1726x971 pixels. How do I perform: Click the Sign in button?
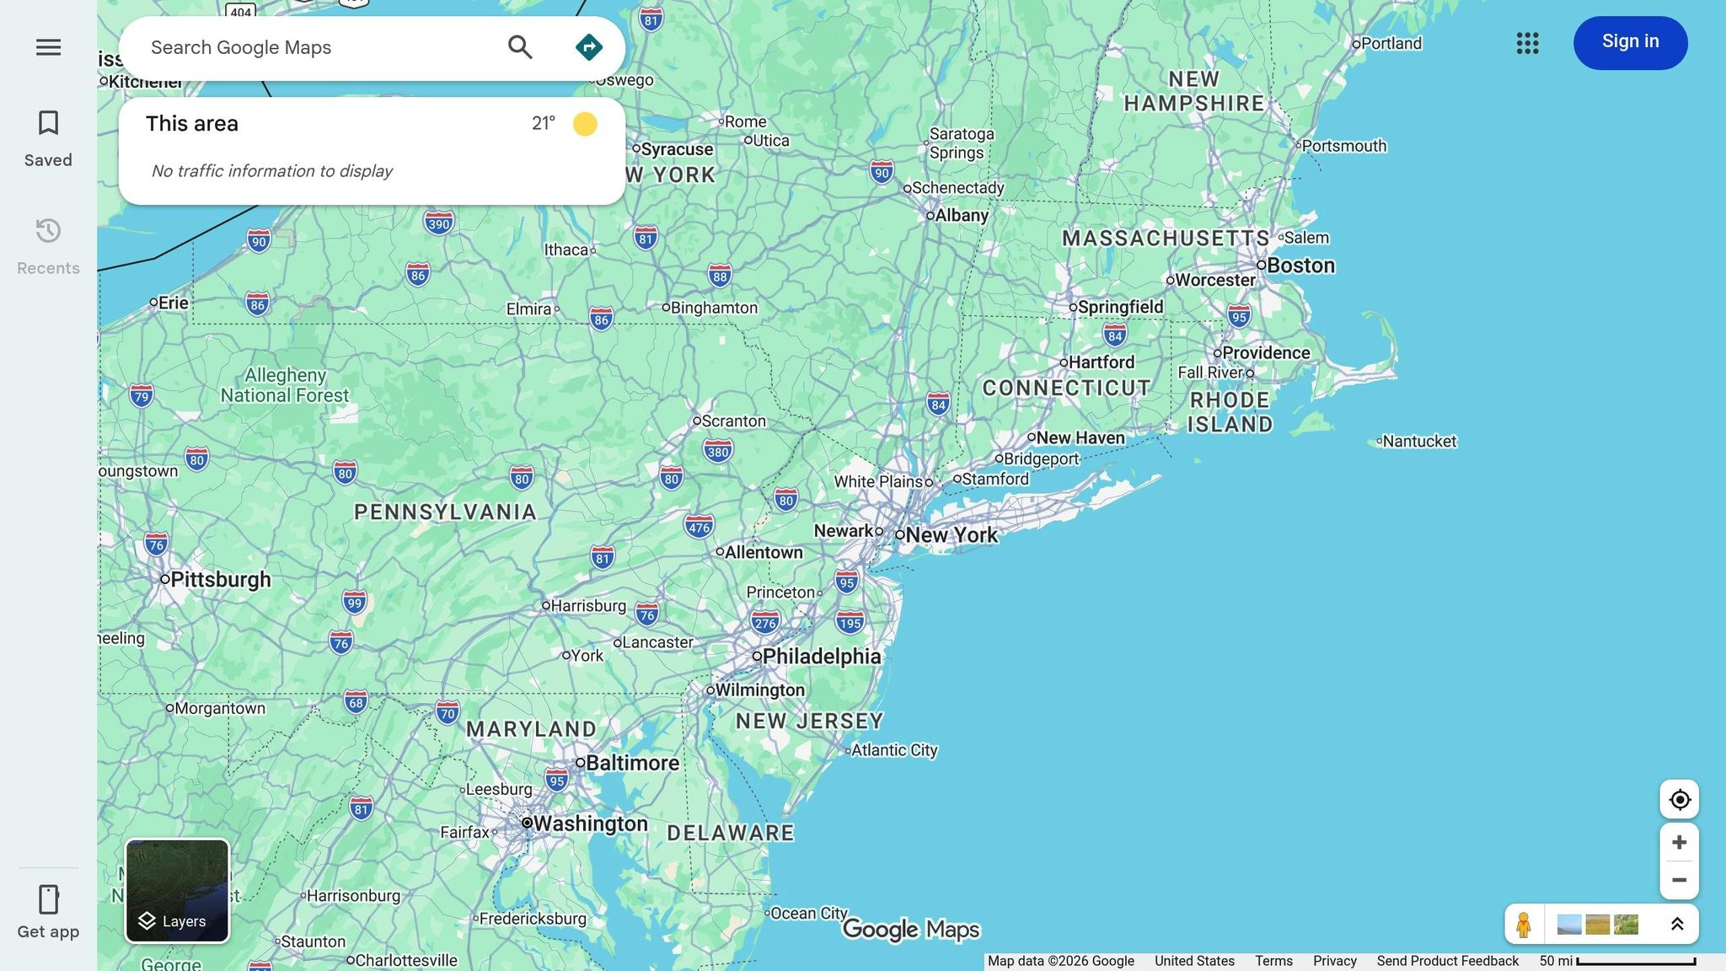(x=1630, y=42)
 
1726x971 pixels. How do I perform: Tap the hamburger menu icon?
(x=48, y=47)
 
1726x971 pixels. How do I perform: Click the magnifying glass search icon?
(x=520, y=47)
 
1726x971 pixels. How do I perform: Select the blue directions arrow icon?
(x=588, y=47)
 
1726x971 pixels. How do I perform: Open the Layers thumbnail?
(x=177, y=890)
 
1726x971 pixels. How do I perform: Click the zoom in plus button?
(x=1679, y=842)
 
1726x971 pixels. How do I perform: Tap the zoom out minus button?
(x=1679, y=880)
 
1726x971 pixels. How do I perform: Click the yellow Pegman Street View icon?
(x=1523, y=925)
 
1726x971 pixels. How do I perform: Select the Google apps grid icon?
(x=1527, y=43)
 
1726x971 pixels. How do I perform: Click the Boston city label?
(x=1300, y=266)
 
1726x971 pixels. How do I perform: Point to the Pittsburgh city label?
(x=220, y=580)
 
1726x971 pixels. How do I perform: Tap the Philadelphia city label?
(x=821, y=657)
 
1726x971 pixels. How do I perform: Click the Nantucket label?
(x=1419, y=442)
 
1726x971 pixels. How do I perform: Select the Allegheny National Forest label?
(x=285, y=385)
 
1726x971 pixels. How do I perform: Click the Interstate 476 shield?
(x=699, y=528)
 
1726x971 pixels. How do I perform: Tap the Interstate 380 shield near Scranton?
(x=717, y=452)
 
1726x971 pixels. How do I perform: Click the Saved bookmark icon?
(x=48, y=123)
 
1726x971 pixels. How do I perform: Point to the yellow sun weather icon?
(x=585, y=124)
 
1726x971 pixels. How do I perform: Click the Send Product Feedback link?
(x=1447, y=961)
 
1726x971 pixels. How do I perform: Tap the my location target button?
(x=1679, y=799)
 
